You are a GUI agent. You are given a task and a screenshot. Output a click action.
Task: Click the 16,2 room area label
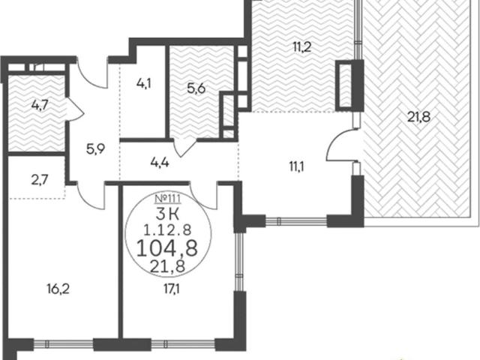(x=58, y=289)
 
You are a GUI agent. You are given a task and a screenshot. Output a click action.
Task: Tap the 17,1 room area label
(x=172, y=288)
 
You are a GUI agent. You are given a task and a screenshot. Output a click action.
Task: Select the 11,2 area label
(x=302, y=47)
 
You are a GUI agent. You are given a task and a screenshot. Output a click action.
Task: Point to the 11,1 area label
(x=295, y=167)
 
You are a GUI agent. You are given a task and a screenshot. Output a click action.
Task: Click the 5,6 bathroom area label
(x=196, y=89)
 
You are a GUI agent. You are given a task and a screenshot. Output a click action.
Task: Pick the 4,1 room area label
(x=143, y=83)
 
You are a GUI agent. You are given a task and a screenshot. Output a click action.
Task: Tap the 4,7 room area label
(x=40, y=105)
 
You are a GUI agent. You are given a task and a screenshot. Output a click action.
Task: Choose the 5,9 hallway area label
(x=95, y=149)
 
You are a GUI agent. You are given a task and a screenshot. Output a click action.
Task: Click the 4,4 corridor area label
(x=160, y=163)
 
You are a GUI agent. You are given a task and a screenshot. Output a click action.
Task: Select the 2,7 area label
(x=40, y=179)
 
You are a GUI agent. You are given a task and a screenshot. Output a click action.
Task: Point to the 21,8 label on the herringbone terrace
(x=419, y=117)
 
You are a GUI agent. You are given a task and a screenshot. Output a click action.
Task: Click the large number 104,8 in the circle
(x=167, y=248)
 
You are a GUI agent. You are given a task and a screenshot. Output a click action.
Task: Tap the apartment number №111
(x=168, y=199)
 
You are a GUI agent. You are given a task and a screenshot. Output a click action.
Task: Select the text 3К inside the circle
(x=167, y=214)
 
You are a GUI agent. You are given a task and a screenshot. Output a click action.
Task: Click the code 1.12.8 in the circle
(x=167, y=229)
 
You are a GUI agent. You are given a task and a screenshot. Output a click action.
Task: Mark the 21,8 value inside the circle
(x=167, y=267)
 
